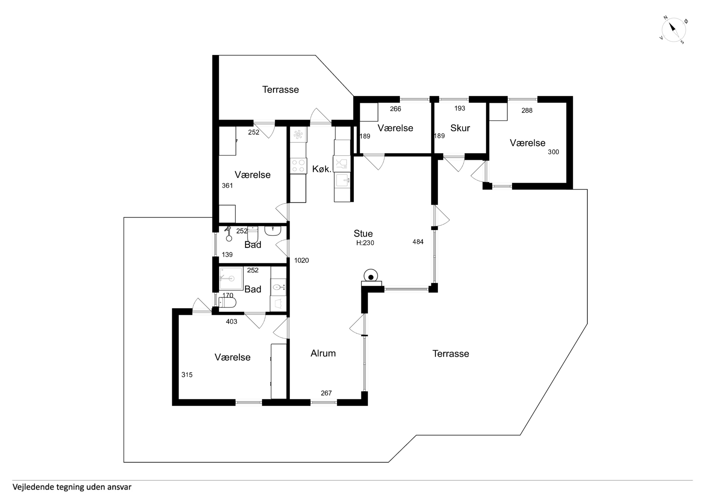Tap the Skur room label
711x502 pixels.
click(460, 128)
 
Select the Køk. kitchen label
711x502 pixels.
click(322, 169)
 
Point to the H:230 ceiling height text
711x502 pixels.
click(365, 243)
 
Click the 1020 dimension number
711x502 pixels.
click(301, 261)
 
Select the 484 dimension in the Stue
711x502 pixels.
click(418, 242)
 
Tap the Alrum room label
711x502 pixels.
click(323, 353)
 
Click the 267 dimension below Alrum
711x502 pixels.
click(326, 393)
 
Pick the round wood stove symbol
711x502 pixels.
click(371, 276)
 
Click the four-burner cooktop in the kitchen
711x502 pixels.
click(298, 166)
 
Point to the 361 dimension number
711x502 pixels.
click(227, 186)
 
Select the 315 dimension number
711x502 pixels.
click(187, 375)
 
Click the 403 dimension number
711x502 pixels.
click(231, 322)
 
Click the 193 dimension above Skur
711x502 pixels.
click(460, 108)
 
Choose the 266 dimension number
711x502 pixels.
click(395, 109)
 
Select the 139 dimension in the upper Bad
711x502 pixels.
click(227, 254)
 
